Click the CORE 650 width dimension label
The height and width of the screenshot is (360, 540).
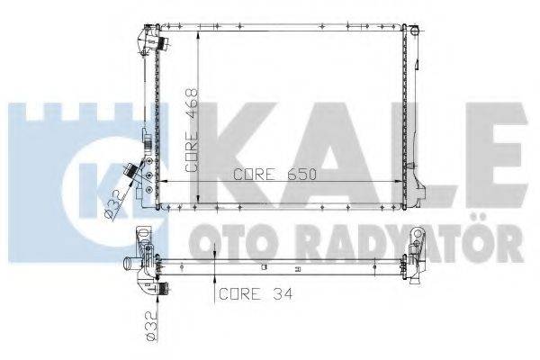point(275,175)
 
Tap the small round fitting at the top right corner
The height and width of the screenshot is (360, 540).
point(416,31)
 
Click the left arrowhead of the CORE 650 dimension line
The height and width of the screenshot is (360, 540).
point(162,184)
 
